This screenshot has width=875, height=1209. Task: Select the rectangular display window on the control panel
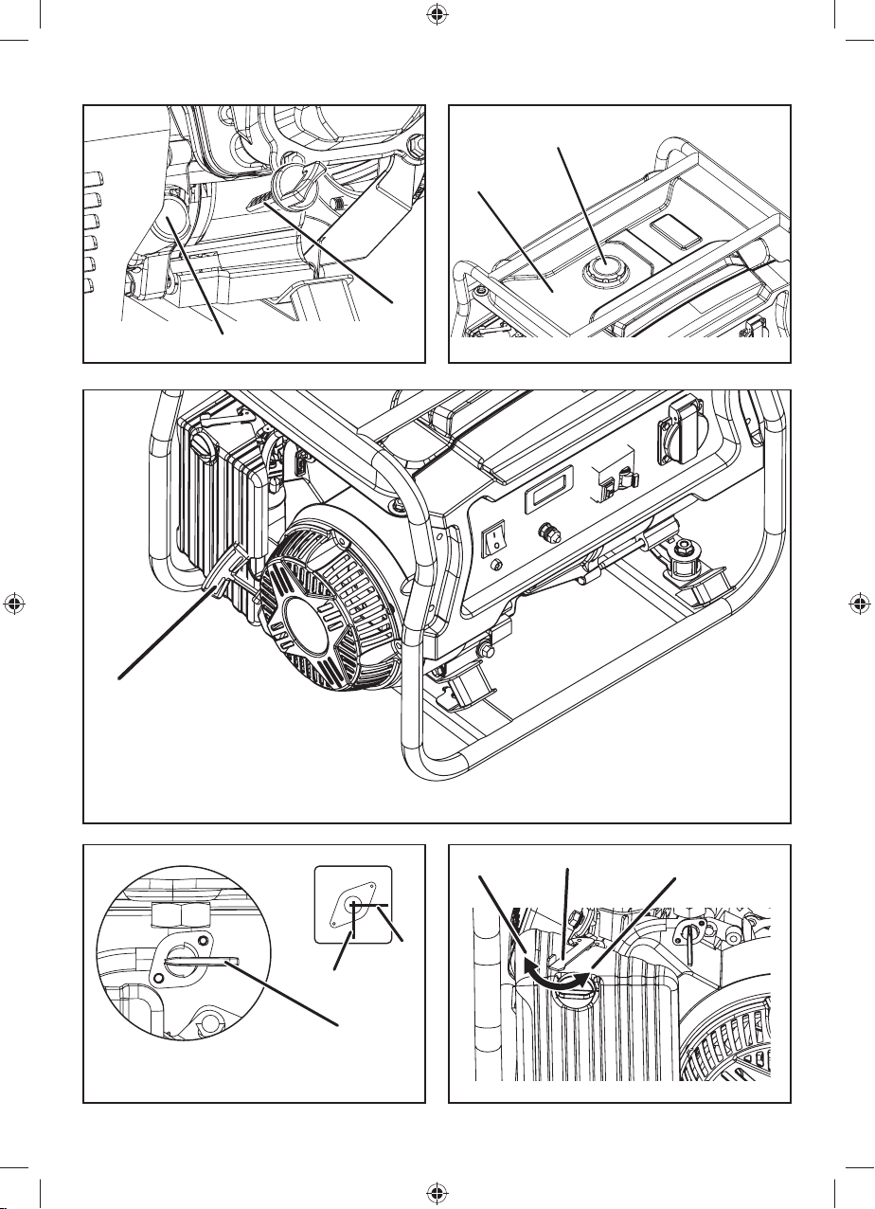pos(546,493)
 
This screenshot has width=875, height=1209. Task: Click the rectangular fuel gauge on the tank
pos(671,228)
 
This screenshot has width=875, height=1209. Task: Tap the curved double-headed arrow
pos(556,985)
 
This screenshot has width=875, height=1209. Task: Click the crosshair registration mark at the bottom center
pos(437,1193)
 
